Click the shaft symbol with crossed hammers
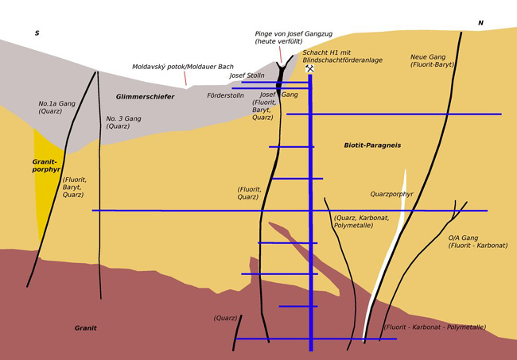(x=309, y=69)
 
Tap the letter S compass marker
(x=37, y=33)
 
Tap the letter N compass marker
(x=480, y=23)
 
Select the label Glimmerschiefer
(x=145, y=97)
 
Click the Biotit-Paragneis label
(x=372, y=145)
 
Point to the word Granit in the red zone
(x=85, y=327)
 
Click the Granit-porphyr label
(x=45, y=165)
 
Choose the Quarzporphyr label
(x=391, y=194)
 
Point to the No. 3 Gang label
(x=123, y=122)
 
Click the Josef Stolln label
(x=247, y=75)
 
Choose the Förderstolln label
(x=226, y=95)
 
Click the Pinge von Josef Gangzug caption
(x=293, y=37)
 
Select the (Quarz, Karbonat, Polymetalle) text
(x=367, y=222)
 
